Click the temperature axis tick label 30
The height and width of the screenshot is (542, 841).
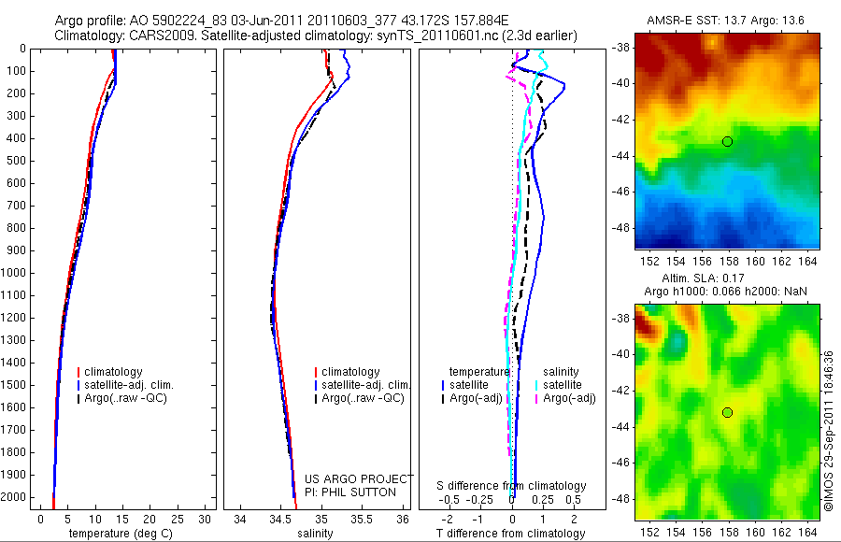pos(204,518)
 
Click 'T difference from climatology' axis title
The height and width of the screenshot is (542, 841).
pos(510,534)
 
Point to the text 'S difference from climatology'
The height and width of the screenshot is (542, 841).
pos(512,486)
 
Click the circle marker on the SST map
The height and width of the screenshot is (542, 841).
pos(727,141)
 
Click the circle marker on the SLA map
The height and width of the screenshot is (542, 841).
pos(727,412)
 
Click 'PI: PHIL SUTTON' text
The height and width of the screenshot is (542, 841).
pos(350,492)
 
